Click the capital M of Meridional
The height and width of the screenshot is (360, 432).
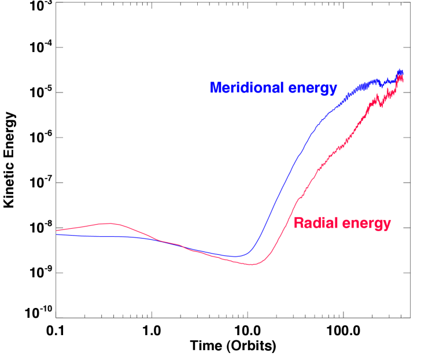pos(215,88)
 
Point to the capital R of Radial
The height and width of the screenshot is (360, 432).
pos(298,223)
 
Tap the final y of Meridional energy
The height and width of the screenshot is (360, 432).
pos(334,90)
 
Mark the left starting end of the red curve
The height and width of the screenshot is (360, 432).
pos(56,231)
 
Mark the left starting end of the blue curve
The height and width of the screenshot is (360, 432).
pos(56,235)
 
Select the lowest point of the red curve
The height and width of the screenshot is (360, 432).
pos(252,265)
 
